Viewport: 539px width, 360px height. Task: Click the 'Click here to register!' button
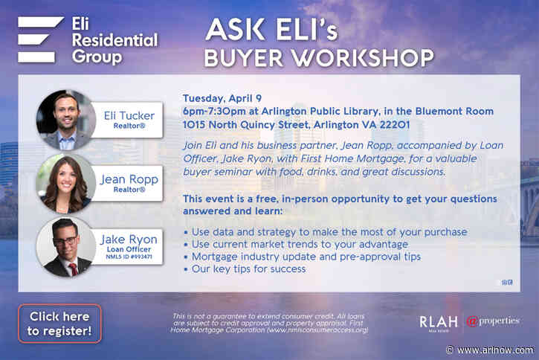(59, 324)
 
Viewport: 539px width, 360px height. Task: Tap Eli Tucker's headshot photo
(65, 120)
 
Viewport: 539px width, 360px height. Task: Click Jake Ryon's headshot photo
(65, 246)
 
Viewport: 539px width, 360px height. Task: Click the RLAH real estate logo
(435, 323)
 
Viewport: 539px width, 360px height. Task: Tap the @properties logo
(492, 321)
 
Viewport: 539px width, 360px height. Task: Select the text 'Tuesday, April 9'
(221, 98)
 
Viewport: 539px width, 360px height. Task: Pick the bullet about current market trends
(296, 245)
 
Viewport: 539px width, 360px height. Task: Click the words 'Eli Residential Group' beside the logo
(113, 39)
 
